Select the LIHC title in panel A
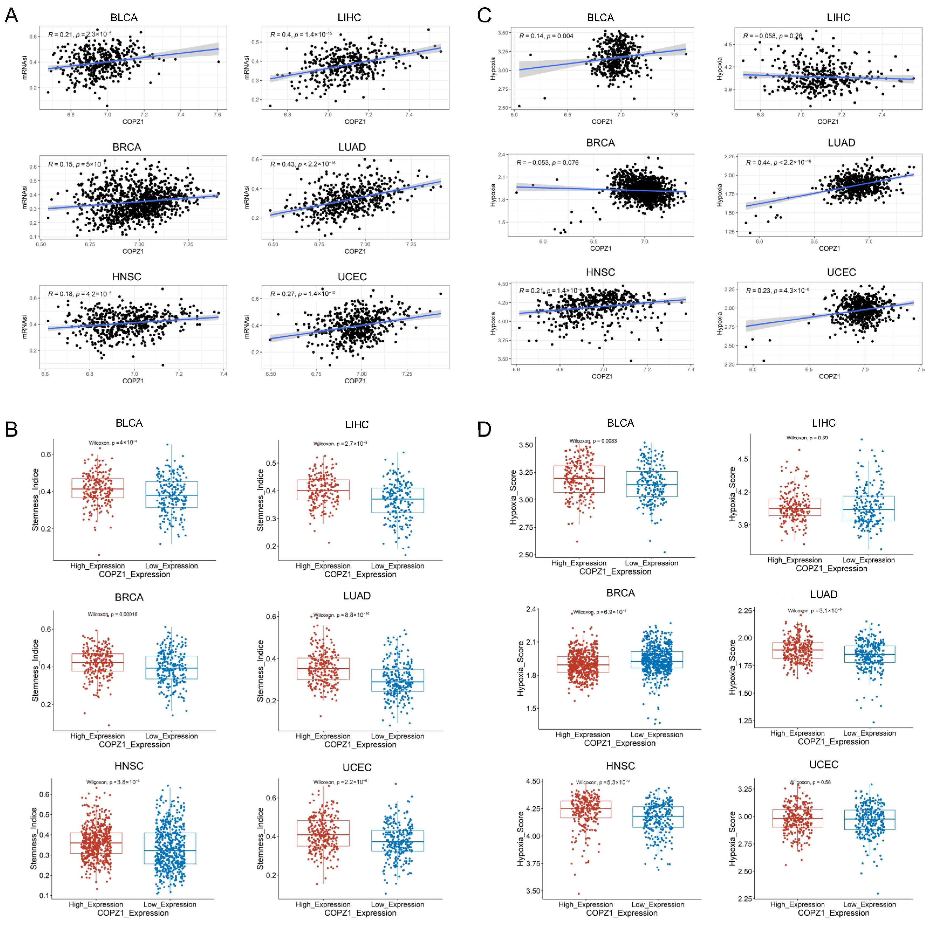[x=349, y=17]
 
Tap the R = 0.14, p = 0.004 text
[x=546, y=36]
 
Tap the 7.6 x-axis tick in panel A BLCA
[x=217, y=115]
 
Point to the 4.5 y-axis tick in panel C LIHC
[x=728, y=44]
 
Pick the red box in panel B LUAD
[x=323, y=669]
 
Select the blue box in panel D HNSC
[x=658, y=816]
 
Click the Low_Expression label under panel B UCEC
[x=397, y=904]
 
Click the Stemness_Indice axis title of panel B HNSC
[x=34, y=838]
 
